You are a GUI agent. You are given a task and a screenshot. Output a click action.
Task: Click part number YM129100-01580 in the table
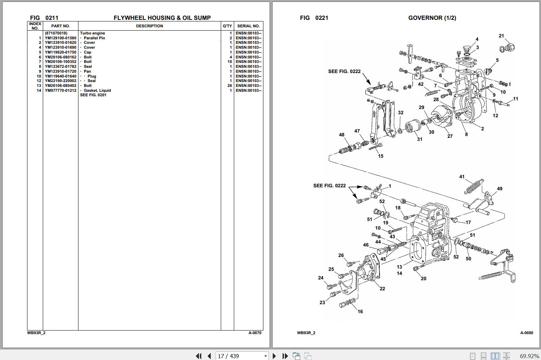tap(60, 38)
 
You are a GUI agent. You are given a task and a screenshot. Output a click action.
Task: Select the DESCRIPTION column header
tap(149, 26)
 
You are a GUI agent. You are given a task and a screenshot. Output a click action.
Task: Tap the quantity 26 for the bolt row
tap(230, 86)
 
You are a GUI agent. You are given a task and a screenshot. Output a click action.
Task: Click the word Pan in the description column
tap(87, 71)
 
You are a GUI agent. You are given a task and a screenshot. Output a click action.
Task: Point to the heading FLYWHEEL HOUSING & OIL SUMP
tap(162, 18)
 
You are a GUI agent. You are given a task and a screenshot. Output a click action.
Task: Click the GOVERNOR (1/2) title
tap(432, 18)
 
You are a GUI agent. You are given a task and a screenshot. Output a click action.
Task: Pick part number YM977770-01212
tap(60, 90)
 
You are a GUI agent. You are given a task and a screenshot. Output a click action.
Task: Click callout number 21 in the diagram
tap(501, 36)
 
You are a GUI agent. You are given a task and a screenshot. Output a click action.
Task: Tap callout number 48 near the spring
tap(341, 135)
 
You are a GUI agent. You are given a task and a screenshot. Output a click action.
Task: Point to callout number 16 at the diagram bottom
tap(360, 311)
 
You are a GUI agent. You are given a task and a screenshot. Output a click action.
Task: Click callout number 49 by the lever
tap(499, 189)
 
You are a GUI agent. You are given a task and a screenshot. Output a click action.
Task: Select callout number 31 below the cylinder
tap(419, 139)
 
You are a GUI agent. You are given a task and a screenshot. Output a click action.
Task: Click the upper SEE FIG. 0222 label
tap(344, 71)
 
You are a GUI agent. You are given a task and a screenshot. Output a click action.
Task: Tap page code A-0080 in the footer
tap(526, 333)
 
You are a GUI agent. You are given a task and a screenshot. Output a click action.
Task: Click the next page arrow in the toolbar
tap(274, 356)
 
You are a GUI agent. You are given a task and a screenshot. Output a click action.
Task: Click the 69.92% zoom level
tap(529, 356)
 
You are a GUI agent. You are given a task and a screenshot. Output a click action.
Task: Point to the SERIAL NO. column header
tap(248, 26)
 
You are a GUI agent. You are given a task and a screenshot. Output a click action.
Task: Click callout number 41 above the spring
tap(462, 177)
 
